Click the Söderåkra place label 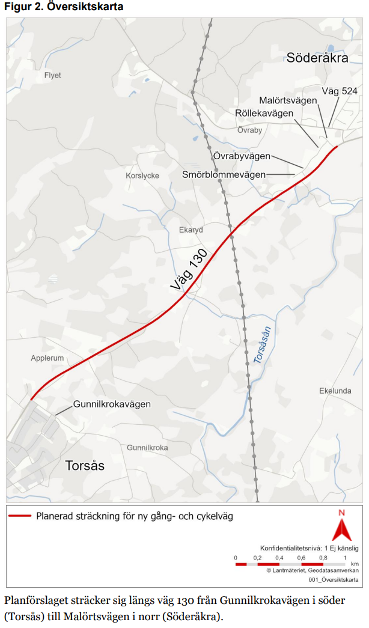317,58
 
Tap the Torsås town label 84,466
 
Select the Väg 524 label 340,91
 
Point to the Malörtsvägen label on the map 288,100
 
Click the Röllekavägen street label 264,113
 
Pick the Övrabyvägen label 242,156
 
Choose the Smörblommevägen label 224,174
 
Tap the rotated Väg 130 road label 189,270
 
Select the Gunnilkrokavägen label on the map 112,404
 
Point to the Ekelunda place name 335,391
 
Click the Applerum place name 47,358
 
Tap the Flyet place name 53,76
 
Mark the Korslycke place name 142,176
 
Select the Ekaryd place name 191,230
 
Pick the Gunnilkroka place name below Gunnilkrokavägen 147,448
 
